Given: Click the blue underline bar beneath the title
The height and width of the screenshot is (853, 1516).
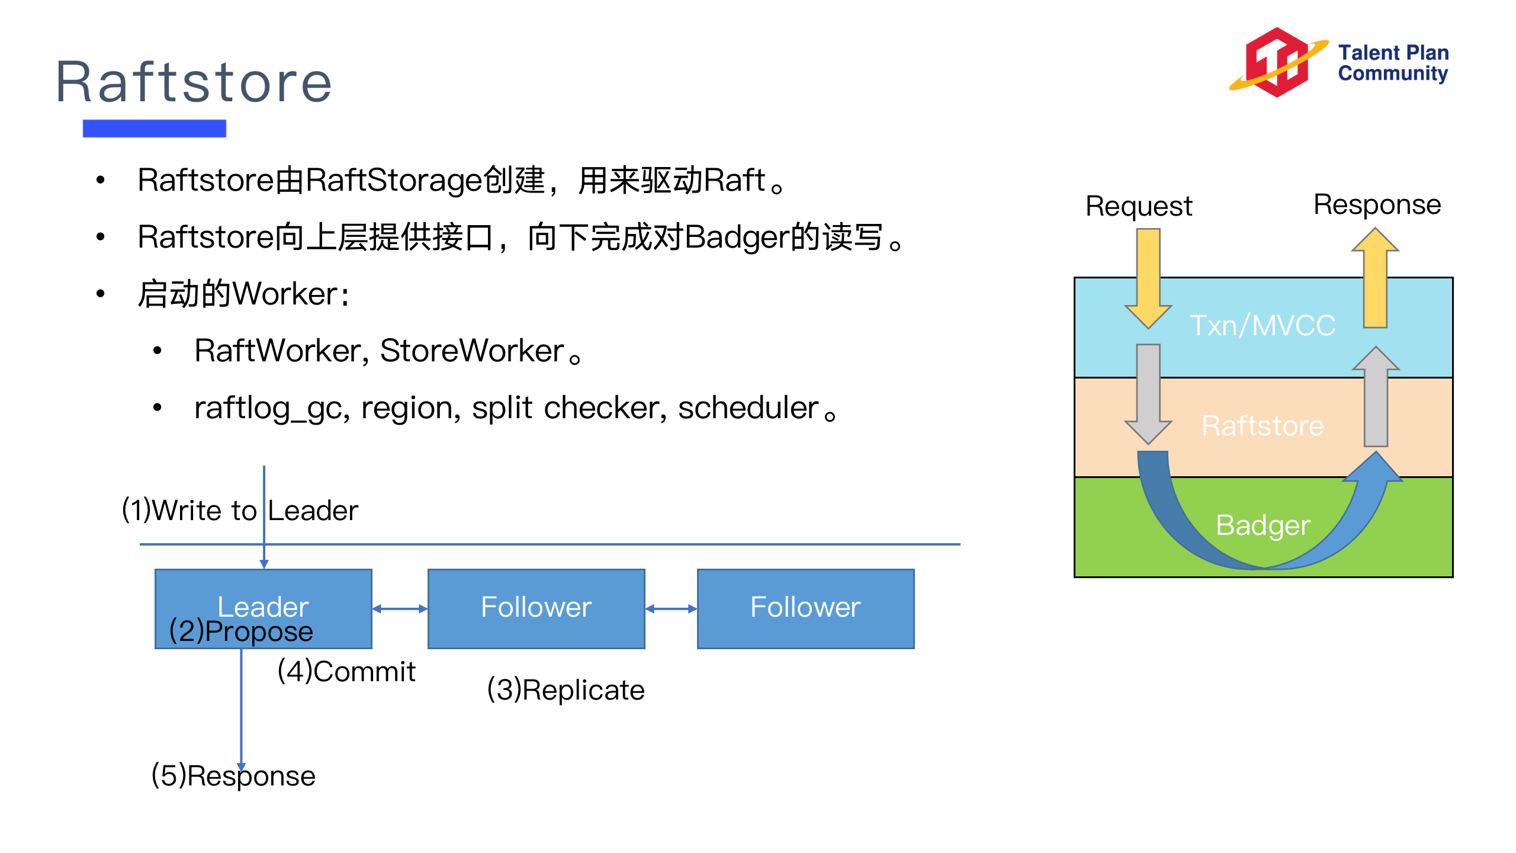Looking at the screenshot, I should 154,128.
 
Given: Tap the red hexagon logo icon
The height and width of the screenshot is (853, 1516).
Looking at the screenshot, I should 1277,62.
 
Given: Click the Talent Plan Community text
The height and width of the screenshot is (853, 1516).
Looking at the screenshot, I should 1393,63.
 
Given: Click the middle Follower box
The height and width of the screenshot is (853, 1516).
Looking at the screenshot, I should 536,608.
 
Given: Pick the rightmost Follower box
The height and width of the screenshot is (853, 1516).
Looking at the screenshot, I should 805,608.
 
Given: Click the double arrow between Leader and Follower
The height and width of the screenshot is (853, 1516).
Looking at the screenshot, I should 400,609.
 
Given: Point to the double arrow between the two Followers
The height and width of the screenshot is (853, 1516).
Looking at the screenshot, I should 671,609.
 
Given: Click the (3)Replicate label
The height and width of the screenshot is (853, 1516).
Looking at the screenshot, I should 566,690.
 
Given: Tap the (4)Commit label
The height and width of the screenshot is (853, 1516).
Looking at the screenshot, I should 346,672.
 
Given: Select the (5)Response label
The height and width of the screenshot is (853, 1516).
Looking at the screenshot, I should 233,776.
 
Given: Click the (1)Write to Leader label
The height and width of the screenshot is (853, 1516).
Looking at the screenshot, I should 240,511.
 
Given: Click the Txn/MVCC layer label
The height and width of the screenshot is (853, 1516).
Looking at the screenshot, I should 1263,326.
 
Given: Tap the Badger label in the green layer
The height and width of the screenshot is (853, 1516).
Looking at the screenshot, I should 1263,525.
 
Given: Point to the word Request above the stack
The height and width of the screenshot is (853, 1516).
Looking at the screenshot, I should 1138,207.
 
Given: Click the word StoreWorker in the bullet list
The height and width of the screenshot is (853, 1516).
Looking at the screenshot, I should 471,351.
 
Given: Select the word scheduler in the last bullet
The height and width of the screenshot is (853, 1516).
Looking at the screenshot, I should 748,408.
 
